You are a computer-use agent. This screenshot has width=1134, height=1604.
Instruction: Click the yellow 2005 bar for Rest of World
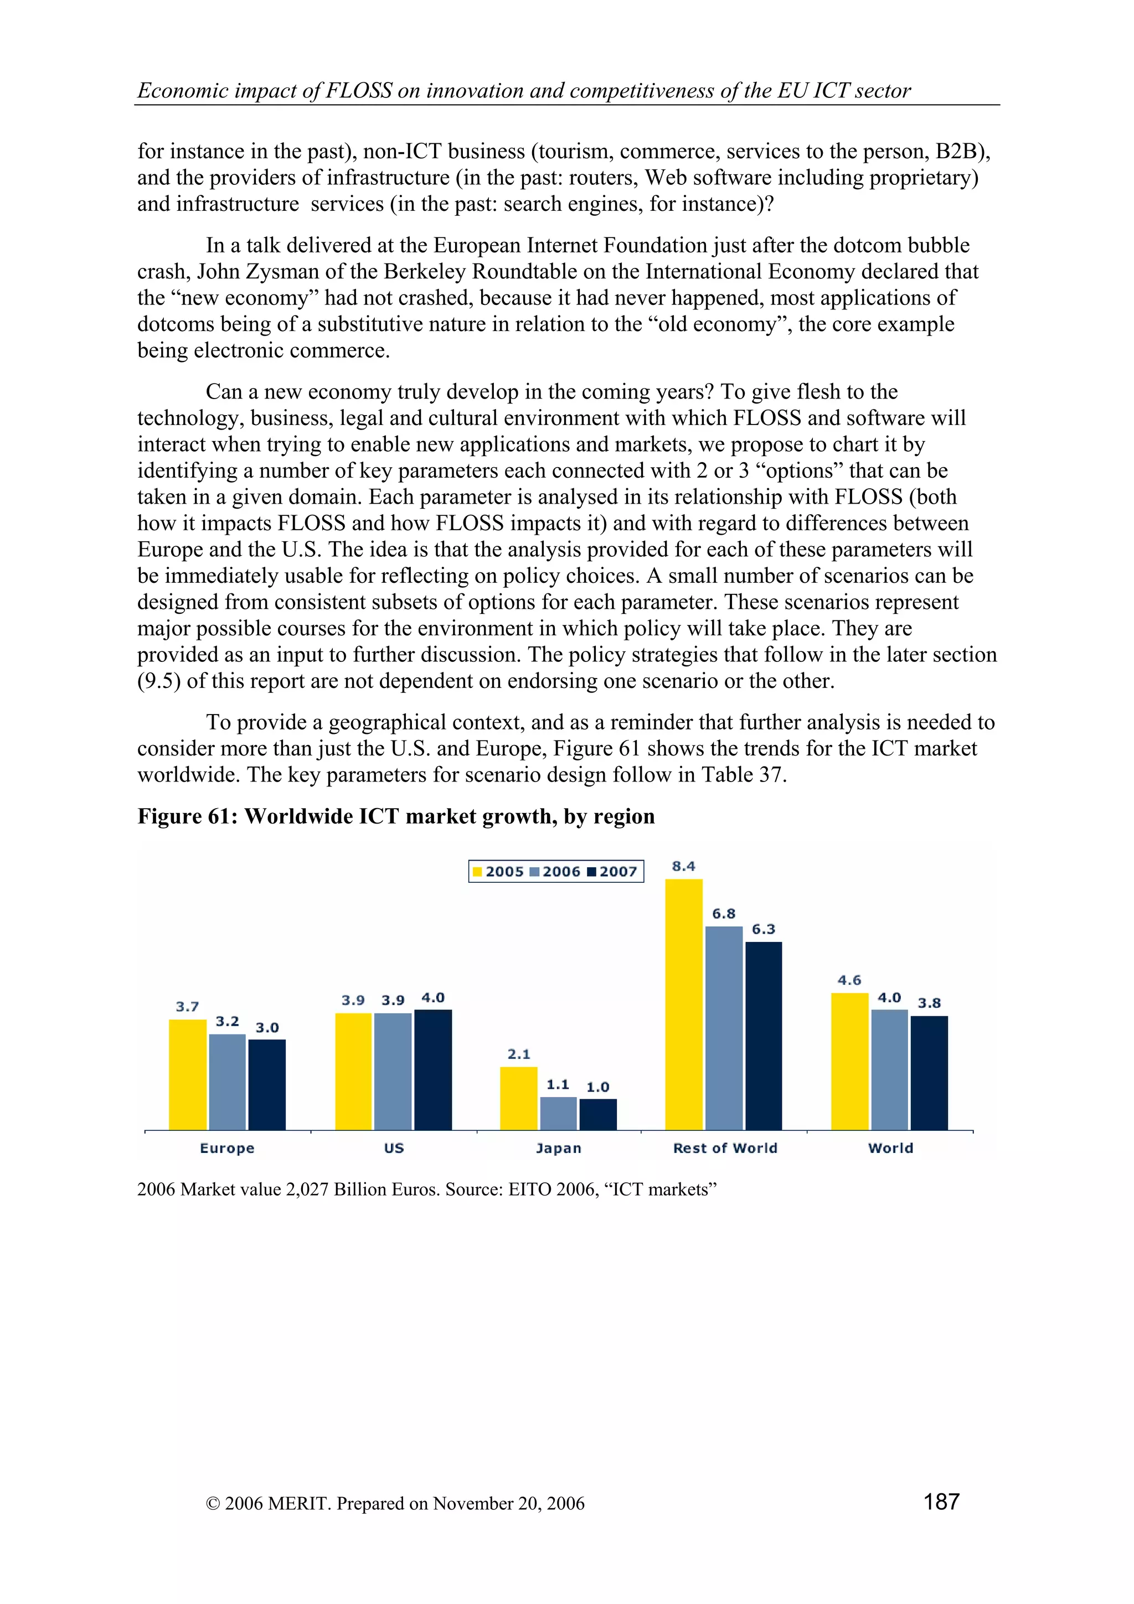[683, 1004]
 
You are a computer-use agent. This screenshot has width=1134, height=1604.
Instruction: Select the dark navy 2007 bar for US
[432, 1069]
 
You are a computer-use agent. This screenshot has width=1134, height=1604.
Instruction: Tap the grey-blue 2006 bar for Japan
[558, 1113]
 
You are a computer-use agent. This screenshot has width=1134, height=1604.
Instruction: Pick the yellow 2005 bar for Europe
[187, 1074]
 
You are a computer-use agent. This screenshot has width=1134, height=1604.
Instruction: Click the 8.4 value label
[683, 866]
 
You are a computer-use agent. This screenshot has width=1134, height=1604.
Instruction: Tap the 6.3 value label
[763, 929]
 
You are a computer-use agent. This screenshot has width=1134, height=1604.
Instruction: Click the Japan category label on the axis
[558, 1148]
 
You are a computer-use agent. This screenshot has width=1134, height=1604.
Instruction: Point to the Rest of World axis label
[725, 1148]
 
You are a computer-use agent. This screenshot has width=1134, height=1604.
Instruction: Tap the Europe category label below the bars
[227, 1148]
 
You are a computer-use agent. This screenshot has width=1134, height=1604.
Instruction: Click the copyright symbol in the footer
[213, 1503]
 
